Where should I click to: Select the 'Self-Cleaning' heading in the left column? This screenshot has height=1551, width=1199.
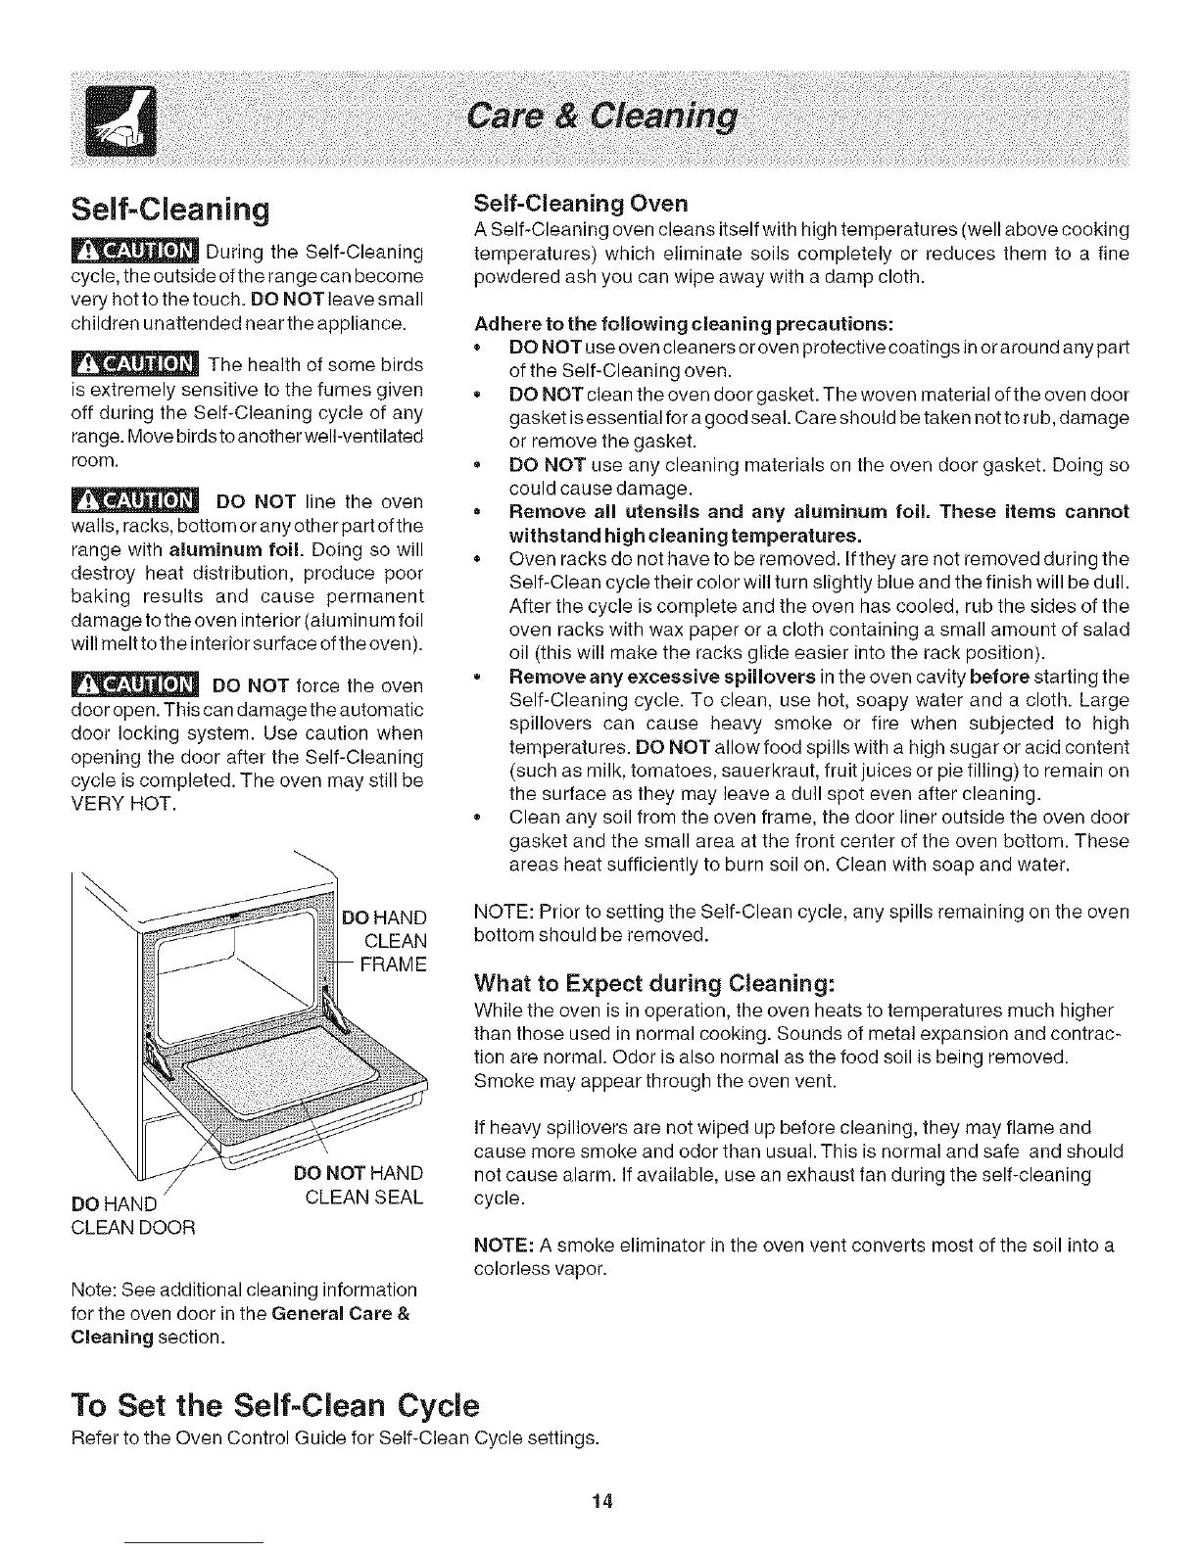pos(169,209)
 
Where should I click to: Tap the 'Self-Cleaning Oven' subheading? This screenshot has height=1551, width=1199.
pos(580,203)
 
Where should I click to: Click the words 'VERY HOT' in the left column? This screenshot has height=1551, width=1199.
pos(123,804)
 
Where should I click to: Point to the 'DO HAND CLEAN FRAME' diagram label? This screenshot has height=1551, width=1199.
pos(386,940)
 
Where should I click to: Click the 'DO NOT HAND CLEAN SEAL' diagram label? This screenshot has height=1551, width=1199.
pos(359,1185)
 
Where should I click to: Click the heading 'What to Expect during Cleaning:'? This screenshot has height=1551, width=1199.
pos(654,982)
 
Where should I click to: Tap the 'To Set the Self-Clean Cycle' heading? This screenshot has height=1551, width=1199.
pos(276,1406)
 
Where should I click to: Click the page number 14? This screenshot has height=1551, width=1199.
pos(602,1501)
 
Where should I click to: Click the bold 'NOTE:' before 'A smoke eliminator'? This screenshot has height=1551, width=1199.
pos(503,1245)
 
